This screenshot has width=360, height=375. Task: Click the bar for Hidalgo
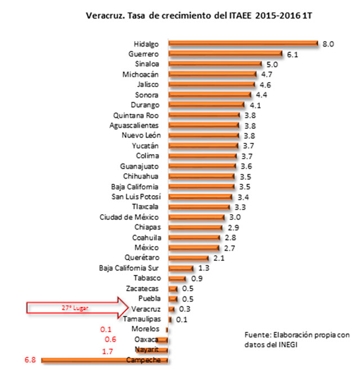pyautogui.click(x=243, y=44)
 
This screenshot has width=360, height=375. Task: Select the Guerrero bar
pyautogui.click(x=225, y=54)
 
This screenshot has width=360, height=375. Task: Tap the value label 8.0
pyautogui.click(x=328, y=43)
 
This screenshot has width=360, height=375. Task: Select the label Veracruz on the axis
pyautogui.click(x=145, y=309)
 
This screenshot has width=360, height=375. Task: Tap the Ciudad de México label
pyautogui.click(x=129, y=217)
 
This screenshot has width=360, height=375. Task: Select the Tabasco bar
pyautogui.click(x=176, y=278)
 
